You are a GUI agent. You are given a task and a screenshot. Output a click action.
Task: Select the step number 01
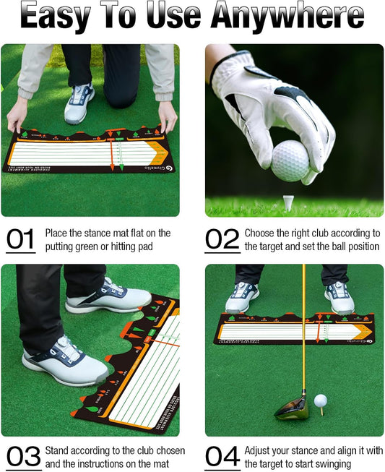pyautogui.click(x=21, y=240)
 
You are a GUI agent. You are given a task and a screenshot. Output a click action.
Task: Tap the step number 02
pyautogui.click(x=222, y=240)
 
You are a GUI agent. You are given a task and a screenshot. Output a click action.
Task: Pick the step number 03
pyautogui.click(x=22, y=456)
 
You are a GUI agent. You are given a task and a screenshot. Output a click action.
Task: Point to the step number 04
pyautogui.click(x=222, y=456)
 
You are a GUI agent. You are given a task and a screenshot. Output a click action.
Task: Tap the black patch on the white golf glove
pyautogui.click(x=287, y=95)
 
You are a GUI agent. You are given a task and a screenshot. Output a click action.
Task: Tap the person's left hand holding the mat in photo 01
pyautogui.click(x=167, y=116)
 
